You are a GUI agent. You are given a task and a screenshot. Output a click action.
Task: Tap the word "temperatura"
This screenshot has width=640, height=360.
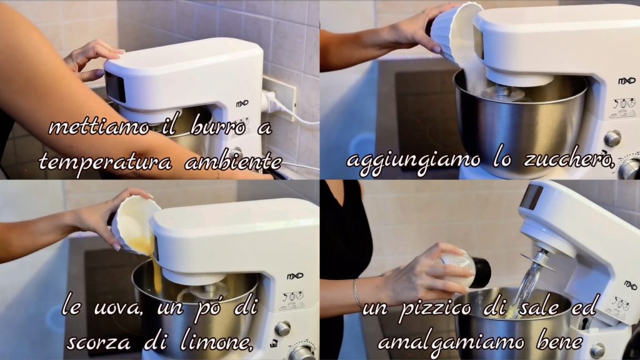(x=104, y=162)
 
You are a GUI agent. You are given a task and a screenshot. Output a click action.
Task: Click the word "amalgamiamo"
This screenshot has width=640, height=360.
(x=451, y=342)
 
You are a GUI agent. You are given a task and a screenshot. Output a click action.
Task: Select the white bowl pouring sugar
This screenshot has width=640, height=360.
(x=455, y=31)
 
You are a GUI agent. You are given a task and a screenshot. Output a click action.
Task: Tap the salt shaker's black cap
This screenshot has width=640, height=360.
(x=482, y=271)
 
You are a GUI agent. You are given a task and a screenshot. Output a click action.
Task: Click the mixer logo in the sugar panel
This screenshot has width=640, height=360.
(x=626, y=81)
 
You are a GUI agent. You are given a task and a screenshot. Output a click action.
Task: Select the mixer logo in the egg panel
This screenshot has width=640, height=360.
(x=295, y=276)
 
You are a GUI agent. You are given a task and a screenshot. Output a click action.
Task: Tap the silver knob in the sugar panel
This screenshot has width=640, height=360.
(x=612, y=138)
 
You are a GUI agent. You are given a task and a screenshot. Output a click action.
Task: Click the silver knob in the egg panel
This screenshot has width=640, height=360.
(x=282, y=329)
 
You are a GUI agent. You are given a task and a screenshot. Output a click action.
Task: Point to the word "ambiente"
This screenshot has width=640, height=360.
(x=232, y=162)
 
